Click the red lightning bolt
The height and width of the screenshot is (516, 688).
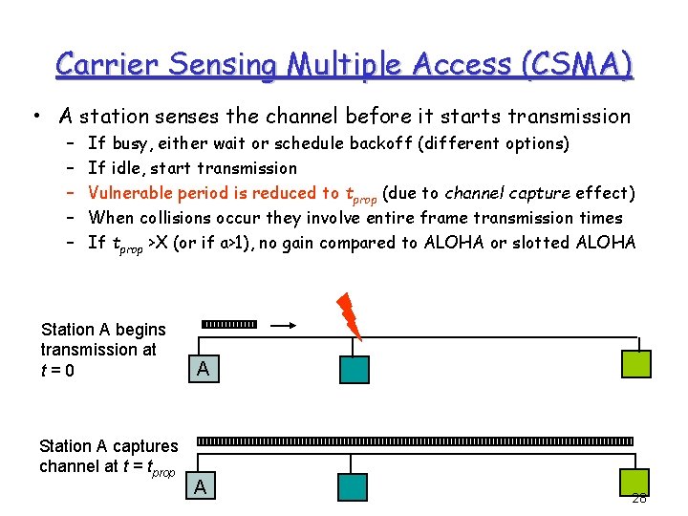[349, 312]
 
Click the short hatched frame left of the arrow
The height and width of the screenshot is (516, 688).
[229, 326]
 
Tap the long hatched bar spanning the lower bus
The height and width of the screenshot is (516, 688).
[415, 441]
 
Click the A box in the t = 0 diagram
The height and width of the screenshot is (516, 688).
[201, 369]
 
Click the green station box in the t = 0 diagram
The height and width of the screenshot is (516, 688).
[635, 365]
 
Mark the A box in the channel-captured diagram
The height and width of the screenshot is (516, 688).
[200, 486]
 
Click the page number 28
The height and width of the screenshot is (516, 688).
[638, 498]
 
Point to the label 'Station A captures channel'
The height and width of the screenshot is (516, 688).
[108, 456]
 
